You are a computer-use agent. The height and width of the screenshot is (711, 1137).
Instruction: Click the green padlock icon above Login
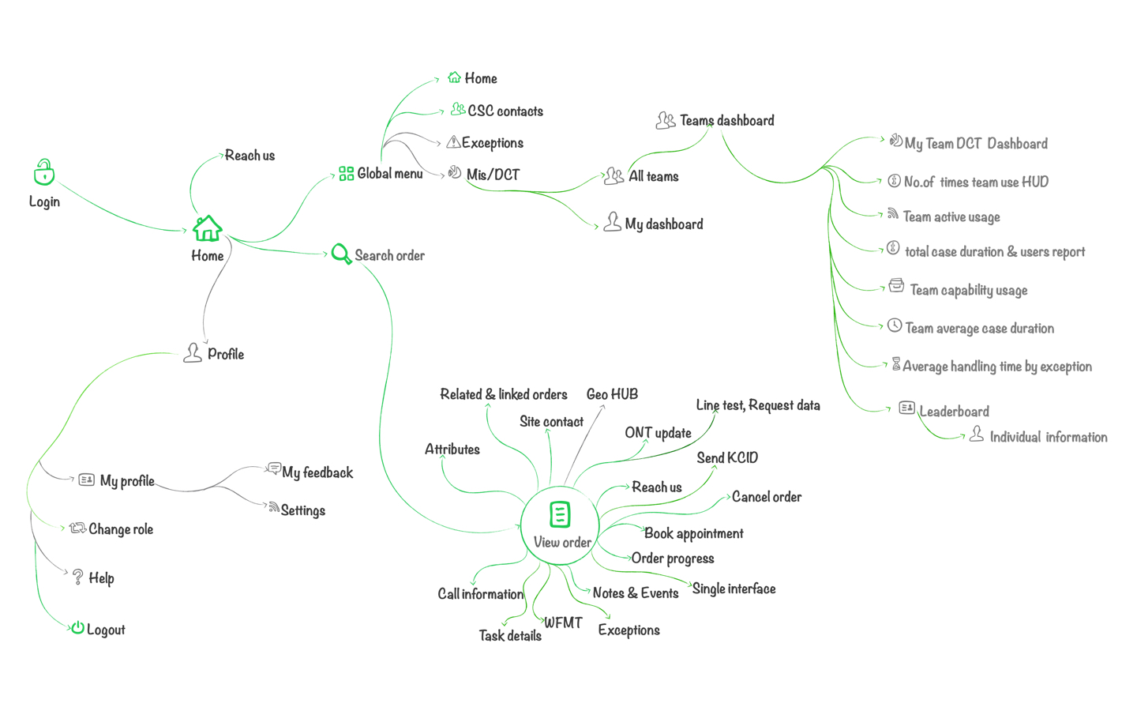tap(44, 172)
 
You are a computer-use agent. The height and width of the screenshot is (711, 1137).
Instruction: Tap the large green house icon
tap(207, 228)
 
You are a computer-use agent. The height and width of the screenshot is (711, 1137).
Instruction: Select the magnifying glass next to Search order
tap(340, 254)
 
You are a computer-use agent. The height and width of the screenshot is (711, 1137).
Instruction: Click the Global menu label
tap(389, 174)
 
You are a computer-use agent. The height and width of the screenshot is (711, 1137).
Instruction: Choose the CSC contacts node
tap(505, 111)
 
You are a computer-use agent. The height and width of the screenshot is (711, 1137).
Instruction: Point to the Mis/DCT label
tap(493, 175)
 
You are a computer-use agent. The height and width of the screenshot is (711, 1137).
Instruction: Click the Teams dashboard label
tap(726, 121)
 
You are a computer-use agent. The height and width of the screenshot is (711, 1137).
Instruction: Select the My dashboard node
tap(663, 224)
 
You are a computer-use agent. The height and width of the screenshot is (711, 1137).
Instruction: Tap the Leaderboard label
tap(954, 412)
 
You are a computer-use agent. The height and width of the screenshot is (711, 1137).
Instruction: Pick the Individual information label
tap(1048, 438)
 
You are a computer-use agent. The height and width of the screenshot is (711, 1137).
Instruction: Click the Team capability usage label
tap(968, 291)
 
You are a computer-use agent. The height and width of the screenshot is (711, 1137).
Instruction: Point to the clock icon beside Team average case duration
tap(895, 325)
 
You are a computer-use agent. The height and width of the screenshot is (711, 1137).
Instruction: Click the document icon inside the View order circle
tap(560, 514)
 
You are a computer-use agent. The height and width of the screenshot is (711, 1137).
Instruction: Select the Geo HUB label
tap(612, 394)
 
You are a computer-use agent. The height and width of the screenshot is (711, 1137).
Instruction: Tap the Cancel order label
tap(766, 497)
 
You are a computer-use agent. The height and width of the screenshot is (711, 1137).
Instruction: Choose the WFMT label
tap(563, 623)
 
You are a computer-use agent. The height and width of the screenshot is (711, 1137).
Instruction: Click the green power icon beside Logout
tap(77, 628)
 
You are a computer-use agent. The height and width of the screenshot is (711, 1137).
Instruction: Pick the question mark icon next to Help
tap(77, 577)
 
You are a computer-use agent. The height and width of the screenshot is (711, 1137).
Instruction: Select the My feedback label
tap(317, 473)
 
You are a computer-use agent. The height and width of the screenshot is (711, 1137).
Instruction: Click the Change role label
tap(120, 529)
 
